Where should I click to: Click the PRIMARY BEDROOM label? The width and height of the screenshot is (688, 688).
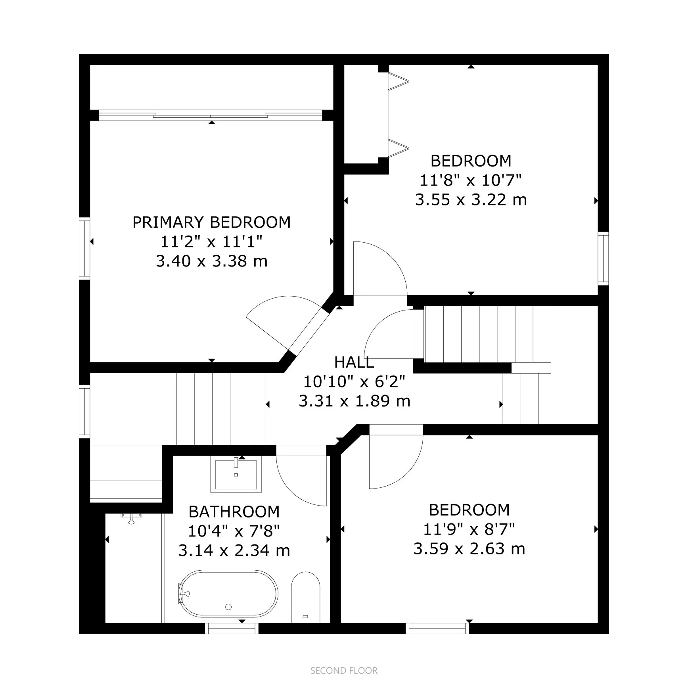click(211, 222)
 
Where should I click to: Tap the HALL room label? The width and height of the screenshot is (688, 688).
click(354, 362)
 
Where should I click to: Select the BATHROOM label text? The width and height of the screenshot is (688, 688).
click(234, 512)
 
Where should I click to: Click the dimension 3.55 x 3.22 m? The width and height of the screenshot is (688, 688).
click(471, 199)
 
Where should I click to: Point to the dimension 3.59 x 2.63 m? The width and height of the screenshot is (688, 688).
click(469, 549)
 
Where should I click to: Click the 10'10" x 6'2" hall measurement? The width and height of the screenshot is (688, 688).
click(354, 381)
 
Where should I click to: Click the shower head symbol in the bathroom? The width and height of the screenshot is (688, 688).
click(131, 518)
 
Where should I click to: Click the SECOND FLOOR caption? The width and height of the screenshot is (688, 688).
click(344, 671)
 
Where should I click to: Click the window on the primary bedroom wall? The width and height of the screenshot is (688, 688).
click(84, 249)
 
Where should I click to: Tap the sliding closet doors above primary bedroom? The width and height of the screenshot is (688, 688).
click(210, 115)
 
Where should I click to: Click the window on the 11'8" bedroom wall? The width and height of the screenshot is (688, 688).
click(603, 259)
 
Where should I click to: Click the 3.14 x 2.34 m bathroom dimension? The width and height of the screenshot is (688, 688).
click(234, 550)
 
